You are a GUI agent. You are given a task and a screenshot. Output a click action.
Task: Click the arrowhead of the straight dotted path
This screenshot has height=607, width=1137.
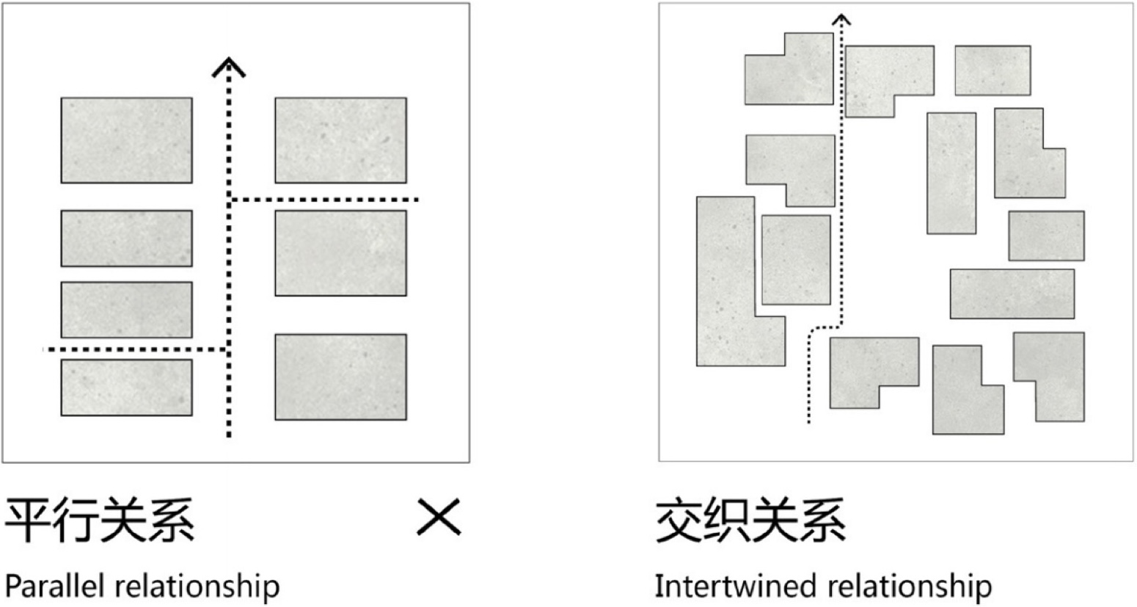[229, 68]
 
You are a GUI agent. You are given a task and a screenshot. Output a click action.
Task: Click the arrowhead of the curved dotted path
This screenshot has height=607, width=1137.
[842, 20]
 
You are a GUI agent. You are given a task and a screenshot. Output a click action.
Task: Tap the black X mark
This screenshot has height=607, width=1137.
[439, 517]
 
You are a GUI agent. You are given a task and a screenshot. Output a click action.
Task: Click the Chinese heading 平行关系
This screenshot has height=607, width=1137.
[100, 520]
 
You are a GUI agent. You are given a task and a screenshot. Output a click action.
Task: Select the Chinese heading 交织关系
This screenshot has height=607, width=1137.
[750, 520]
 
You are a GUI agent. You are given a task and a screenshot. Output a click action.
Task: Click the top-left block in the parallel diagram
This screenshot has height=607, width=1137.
[126, 140]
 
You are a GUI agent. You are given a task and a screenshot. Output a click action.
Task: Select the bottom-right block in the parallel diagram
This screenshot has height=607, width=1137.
[340, 377]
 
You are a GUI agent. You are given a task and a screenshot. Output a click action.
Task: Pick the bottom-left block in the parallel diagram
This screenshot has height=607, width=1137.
[126, 388]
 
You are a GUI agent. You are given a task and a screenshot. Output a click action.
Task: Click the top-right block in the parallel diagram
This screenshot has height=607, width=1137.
[340, 140]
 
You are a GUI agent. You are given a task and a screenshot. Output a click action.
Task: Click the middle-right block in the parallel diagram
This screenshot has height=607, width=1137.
[340, 253]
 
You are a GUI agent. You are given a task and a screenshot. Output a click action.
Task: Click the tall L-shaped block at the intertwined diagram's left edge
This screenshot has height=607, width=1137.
[726, 294]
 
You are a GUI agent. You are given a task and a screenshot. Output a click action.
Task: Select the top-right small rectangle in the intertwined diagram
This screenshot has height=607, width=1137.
[992, 70]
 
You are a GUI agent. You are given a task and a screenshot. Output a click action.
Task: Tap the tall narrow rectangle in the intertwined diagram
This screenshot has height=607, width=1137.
[951, 173]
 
